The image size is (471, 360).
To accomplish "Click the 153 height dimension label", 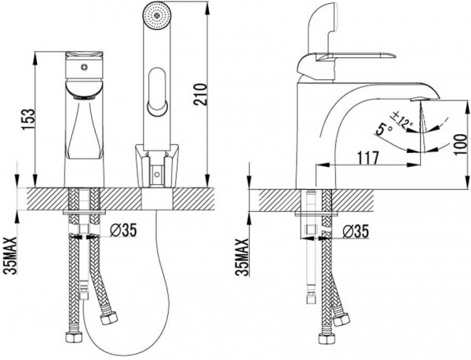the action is point(29,120).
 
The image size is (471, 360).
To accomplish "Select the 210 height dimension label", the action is point(200,94).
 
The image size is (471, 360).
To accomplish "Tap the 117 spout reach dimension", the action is point(367,158).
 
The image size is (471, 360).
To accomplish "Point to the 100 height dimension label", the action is point(459,144).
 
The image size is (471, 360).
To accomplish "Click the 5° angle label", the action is point(384,129).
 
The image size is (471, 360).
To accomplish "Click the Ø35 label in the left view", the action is point(123,230).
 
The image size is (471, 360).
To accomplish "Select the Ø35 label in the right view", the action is point(356,232).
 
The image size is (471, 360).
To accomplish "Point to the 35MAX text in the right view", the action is point(243,256).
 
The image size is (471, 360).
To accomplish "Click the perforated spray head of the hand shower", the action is point(155,16).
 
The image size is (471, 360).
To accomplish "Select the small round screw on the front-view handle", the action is point(85,66).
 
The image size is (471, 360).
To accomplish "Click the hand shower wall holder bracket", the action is point(157,166).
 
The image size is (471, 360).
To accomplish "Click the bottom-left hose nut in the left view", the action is point(74,337).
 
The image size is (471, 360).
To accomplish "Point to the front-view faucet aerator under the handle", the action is point(85,96).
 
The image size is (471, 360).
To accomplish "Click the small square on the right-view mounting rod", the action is point(310,230).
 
